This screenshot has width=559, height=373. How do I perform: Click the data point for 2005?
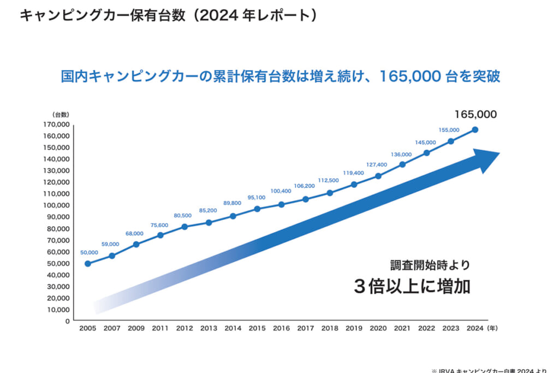[87, 264]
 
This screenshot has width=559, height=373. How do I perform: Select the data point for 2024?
[475, 129]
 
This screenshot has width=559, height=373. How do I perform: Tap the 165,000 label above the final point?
[475, 115]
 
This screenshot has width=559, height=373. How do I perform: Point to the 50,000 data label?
[89, 252]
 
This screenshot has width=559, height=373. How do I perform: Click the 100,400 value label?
[282, 191]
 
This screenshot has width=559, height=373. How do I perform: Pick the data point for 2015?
[257, 209]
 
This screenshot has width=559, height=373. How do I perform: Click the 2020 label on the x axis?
[378, 329]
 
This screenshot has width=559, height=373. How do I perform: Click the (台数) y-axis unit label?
[60, 115]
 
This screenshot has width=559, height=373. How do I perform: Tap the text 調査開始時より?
[430, 265]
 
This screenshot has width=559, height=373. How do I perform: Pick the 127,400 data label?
[377, 164]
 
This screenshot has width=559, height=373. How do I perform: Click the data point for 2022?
[426, 153]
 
